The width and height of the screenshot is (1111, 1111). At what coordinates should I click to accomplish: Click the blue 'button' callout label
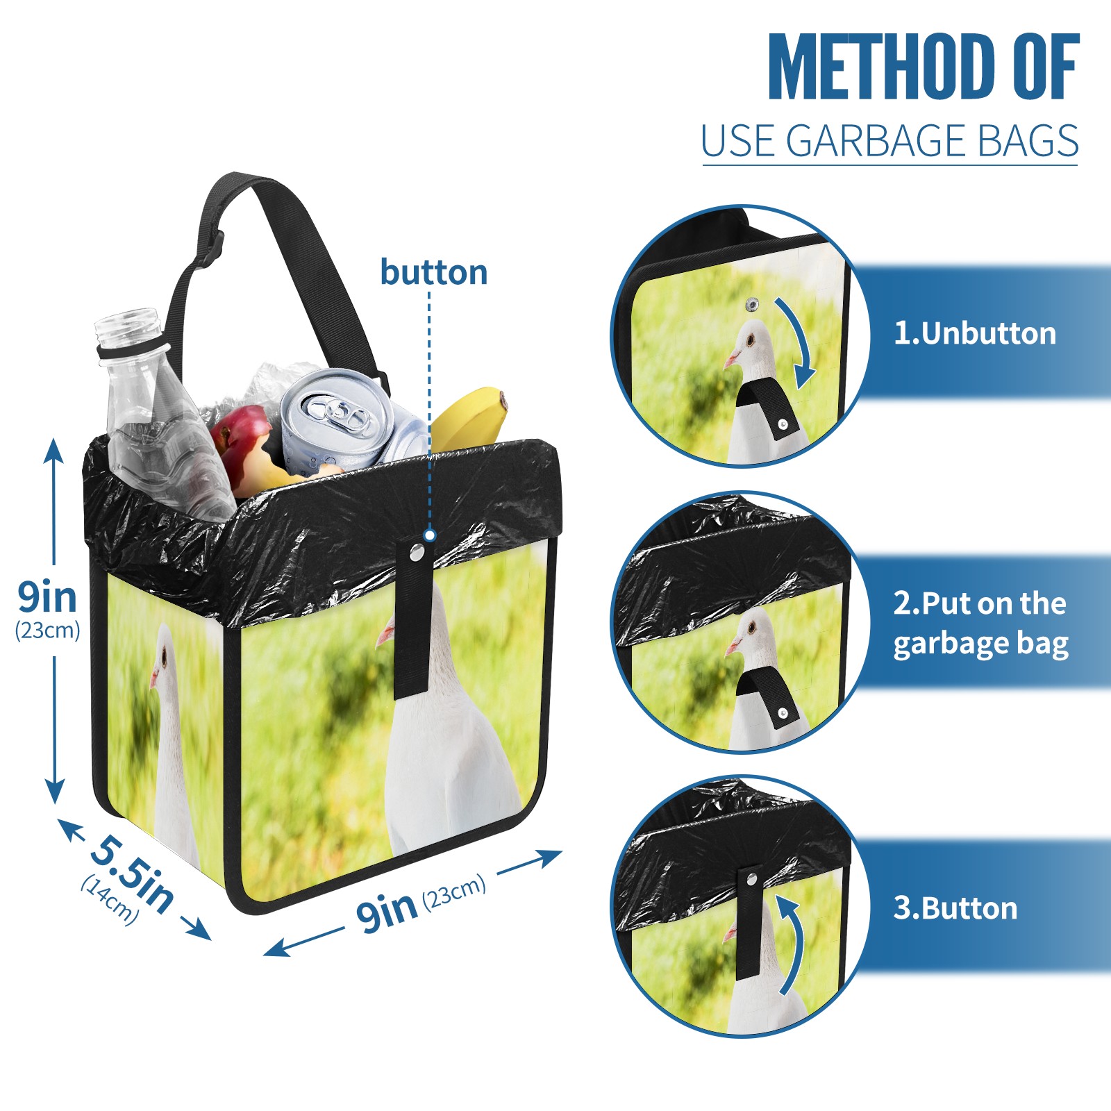tap(433, 272)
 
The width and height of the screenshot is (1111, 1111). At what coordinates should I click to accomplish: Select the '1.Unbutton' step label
tap(974, 333)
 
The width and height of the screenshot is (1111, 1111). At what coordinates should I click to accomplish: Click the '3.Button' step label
tap(955, 908)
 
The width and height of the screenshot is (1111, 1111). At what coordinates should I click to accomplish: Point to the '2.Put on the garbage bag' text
tap(980, 624)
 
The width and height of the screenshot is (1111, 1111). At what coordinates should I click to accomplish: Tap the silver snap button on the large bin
tap(417, 552)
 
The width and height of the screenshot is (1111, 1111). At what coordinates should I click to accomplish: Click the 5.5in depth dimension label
tap(132, 872)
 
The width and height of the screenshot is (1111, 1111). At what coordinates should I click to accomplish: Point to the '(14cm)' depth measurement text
tap(110, 900)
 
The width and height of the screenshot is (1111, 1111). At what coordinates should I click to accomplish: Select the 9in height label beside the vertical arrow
tap(47, 597)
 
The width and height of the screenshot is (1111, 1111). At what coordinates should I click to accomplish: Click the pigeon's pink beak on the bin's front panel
tap(385, 635)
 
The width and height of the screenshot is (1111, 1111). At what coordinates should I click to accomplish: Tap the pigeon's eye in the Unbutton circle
tap(751, 341)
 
